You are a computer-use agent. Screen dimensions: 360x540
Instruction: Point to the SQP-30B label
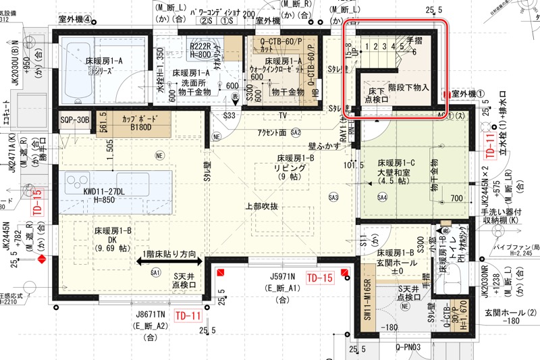[x=74, y=120]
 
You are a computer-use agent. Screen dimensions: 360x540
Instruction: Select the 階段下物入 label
[x=409, y=88]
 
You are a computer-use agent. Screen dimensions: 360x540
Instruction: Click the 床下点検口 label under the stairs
[x=376, y=94]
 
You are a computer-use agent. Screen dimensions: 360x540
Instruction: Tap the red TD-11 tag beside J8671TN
[x=188, y=315]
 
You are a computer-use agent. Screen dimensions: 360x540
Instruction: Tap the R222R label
[x=201, y=47]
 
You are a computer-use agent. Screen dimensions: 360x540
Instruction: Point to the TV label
[x=282, y=115]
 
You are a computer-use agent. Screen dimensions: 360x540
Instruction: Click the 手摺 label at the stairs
[x=414, y=41]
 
